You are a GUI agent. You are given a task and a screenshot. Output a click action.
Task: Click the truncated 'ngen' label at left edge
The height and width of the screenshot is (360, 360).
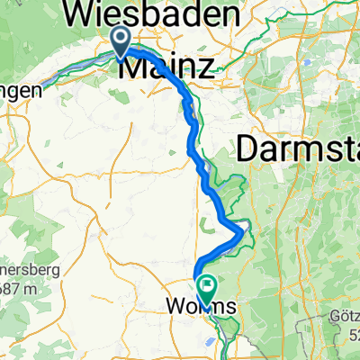(22, 90)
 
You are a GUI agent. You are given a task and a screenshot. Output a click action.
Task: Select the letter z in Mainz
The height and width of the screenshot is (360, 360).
(206, 66)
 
